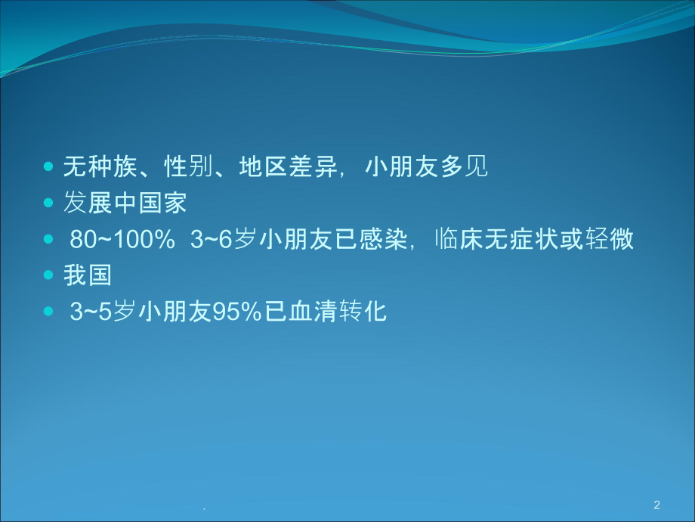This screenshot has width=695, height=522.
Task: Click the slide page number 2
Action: coord(656,505)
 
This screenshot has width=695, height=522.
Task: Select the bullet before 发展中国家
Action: coord(50,204)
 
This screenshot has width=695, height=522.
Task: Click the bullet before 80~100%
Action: coord(50,240)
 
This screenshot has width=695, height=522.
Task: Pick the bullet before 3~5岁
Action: coord(50,312)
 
